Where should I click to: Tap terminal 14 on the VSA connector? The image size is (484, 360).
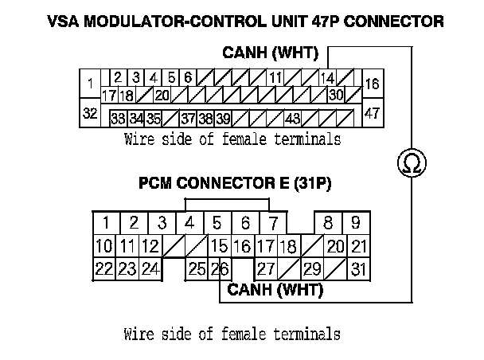coord(327,78)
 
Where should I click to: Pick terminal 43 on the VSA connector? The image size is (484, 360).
coord(292,118)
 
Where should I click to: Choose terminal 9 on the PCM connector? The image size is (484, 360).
coord(356,222)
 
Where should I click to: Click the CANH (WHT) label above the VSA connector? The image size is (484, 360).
coord(270,54)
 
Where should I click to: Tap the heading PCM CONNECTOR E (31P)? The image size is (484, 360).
coord(235,183)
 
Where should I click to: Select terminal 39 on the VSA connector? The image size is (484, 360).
coord(224,118)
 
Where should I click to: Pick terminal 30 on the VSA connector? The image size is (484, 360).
coord(335,95)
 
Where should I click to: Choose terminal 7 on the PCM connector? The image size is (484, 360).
coord(272,222)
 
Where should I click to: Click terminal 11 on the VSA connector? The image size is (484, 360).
coord(275,78)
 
